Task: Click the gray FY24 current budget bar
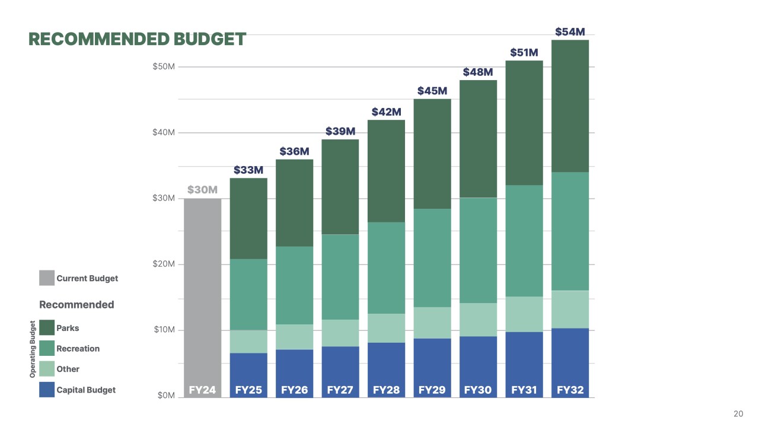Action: point(202,291)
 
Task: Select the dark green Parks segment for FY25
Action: point(248,218)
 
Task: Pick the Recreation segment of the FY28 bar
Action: point(386,267)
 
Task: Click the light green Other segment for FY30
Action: point(478,320)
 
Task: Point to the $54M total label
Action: point(570,32)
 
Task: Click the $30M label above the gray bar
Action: point(203,190)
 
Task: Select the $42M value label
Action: point(386,112)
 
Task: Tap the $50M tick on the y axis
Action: point(164,66)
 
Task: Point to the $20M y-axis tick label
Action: point(164,264)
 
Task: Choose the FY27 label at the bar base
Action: point(340,390)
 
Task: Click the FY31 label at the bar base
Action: point(524,390)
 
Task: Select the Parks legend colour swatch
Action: point(47,328)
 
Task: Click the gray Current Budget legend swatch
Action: point(47,278)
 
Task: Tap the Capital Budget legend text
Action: point(86,390)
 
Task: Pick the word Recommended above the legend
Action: point(76,304)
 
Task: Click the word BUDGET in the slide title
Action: point(209,39)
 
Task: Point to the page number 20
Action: point(738,414)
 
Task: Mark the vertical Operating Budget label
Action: point(33,349)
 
